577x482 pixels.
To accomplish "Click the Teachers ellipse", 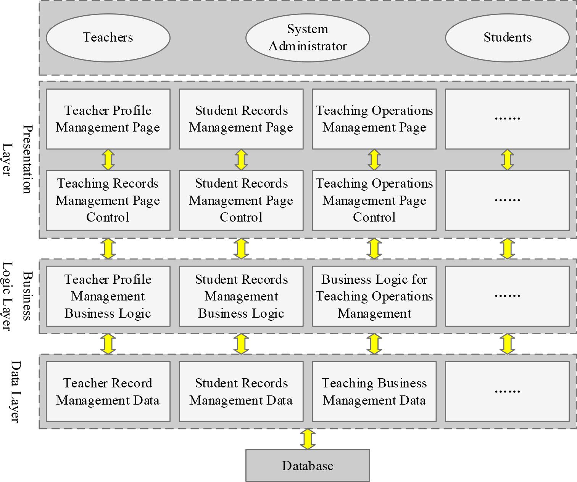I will [x=108, y=38].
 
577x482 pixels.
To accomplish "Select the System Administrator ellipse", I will [x=308, y=38].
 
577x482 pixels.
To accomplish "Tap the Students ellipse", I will [x=507, y=38].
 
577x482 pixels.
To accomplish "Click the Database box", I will [x=308, y=465].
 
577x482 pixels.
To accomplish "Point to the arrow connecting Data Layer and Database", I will [x=308, y=439].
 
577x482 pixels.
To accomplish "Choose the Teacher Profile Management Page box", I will [x=108, y=119].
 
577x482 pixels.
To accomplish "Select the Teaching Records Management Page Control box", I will [x=108, y=200].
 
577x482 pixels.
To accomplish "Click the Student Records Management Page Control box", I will [x=241, y=200].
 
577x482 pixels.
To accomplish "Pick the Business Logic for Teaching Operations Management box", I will [x=374, y=296].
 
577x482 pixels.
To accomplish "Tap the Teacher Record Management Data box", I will [x=108, y=392].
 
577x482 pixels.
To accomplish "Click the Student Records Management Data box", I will [x=241, y=392].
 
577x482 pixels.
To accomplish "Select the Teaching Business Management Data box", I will [x=374, y=392].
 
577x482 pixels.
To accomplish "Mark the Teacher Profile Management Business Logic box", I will [x=108, y=296].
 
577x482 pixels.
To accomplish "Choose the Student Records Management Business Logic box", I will [x=241, y=296].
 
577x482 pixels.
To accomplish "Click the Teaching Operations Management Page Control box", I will [x=374, y=200].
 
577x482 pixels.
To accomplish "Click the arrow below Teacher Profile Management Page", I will [x=108, y=160].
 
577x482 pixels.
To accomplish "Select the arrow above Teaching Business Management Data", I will [x=374, y=344].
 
